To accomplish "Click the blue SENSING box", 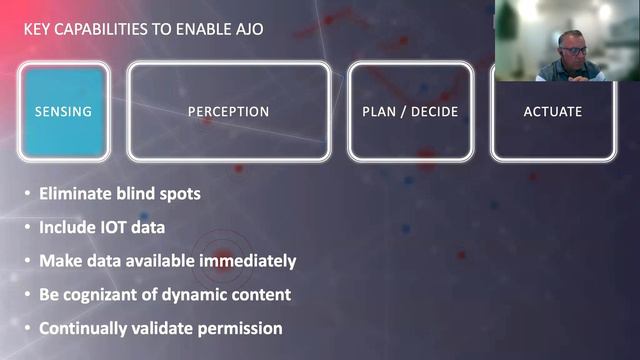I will (x=62, y=111).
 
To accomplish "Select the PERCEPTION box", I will (x=228, y=111).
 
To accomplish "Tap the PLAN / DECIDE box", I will (x=409, y=111).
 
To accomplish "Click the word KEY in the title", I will (x=38, y=29).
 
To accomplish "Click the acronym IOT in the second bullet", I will (x=116, y=227).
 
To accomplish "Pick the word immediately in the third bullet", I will (x=252, y=260).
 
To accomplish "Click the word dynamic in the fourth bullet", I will (x=202, y=294).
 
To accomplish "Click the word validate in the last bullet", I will (x=163, y=327).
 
